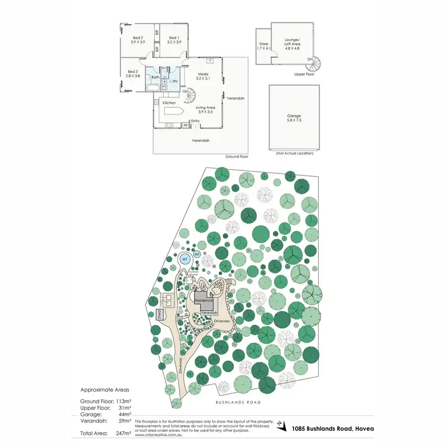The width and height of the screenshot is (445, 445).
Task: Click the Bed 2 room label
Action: click(138, 37)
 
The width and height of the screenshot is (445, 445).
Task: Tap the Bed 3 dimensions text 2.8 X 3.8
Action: click(133, 76)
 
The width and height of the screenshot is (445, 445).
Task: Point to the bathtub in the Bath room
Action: click(154, 89)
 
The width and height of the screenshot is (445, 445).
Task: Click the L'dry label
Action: click(174, 81)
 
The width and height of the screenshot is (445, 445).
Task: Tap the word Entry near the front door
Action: click(195, 121)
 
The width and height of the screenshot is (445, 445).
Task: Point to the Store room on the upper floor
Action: click(263, 46)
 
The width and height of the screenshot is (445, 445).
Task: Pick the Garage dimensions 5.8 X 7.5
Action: click(294, 120)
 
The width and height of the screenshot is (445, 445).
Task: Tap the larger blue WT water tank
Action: click(185, 259)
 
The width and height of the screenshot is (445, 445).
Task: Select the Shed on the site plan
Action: click(160, 314)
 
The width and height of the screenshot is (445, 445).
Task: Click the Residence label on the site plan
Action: click(204, 301)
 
